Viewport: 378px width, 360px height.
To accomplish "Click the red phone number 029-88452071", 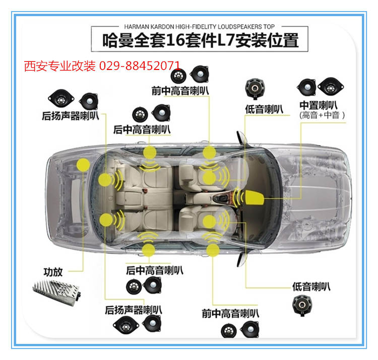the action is click(140, 65).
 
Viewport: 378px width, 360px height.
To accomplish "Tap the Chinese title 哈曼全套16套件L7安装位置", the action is click(200, 40).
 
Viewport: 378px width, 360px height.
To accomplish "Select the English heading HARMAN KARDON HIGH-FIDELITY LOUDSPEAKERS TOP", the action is click(200, 27).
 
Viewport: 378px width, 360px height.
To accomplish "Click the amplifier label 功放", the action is click(53, 272).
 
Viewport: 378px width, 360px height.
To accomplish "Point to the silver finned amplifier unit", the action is click(56, 292).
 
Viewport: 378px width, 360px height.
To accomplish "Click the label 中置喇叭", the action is click(319, 105).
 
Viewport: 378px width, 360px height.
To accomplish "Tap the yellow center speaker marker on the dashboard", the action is click(255, 197).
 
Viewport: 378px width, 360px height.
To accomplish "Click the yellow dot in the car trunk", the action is click(83, 165).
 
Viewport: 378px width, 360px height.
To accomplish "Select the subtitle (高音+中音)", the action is click(322, 115).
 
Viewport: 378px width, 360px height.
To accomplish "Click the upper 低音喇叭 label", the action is click(264, 109).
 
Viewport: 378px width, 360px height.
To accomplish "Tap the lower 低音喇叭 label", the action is click(311, 286).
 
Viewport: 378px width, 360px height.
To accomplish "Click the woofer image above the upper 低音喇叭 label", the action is click(255, 89).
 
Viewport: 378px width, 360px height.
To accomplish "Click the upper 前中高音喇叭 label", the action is click(180, 91).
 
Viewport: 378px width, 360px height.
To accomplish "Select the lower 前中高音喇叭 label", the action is click(230, 314).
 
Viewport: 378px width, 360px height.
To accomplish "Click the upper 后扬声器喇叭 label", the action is click(71, 116).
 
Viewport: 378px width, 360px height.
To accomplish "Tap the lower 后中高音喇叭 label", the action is click(155, 270).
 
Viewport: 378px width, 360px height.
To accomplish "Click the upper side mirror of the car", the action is click(242, 138).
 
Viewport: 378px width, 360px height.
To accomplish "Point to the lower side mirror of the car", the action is click(242, 260).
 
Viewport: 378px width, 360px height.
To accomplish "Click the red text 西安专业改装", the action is click(60, 66).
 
